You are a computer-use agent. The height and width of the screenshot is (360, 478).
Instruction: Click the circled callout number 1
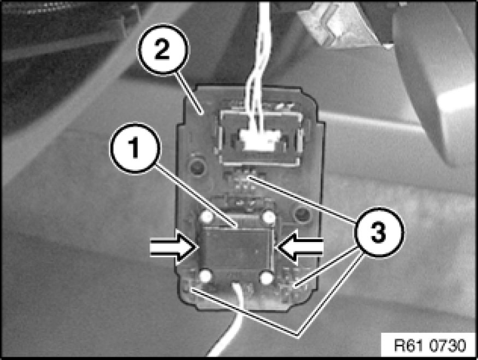134,149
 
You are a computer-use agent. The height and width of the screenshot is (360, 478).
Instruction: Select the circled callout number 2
163,49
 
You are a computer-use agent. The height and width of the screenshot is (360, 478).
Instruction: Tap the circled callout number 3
379,233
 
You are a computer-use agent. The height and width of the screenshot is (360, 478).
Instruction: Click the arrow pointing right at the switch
173,246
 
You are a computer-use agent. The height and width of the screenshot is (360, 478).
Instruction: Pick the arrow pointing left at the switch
300,246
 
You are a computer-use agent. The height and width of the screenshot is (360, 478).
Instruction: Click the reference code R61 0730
430,346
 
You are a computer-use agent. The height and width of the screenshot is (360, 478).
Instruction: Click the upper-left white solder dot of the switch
206,217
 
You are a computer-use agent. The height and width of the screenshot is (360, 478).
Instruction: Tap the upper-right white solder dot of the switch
269,217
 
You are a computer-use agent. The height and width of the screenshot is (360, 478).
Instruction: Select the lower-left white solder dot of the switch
205,276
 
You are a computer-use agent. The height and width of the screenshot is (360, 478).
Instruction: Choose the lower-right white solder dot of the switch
267,277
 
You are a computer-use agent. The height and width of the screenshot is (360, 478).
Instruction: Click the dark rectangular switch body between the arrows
237,247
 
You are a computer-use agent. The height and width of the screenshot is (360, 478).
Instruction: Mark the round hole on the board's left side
197,166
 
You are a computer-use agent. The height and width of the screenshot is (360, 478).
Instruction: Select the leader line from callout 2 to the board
188,93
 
